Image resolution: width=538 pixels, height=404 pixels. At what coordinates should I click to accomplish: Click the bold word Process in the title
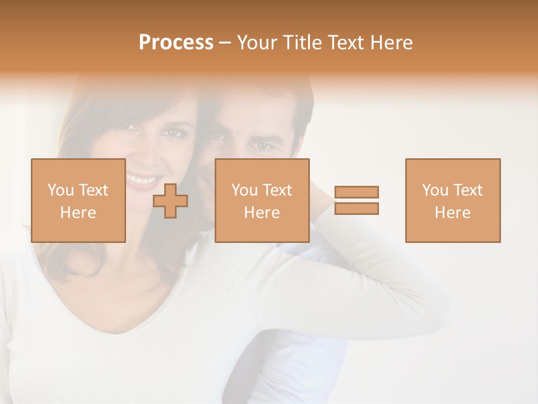coord(176,43)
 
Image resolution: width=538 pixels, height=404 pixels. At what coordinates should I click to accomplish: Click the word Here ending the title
coord(392,43)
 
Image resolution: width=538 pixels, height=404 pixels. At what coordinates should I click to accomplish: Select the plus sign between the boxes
coord(170,201)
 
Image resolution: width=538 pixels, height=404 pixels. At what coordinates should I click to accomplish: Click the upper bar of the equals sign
coord(356,192)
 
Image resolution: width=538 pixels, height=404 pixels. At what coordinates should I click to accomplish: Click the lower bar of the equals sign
coord(356,209)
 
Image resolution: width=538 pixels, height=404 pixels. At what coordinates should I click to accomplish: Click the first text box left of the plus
coord(78,201)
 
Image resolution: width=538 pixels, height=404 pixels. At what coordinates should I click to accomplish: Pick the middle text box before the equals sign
coord(262,201)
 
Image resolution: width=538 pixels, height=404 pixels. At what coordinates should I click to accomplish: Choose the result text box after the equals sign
coord(452,201)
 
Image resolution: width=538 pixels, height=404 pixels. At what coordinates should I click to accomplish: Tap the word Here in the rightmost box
coord(452,212)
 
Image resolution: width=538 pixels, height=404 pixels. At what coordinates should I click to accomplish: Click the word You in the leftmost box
coord(61,190)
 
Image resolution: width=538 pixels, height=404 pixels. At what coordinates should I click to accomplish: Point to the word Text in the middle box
coord(279,190)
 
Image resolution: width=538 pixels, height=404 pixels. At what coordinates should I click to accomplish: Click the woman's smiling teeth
coord(142,180)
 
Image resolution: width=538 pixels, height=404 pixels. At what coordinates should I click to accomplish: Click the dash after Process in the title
coord(225,43)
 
